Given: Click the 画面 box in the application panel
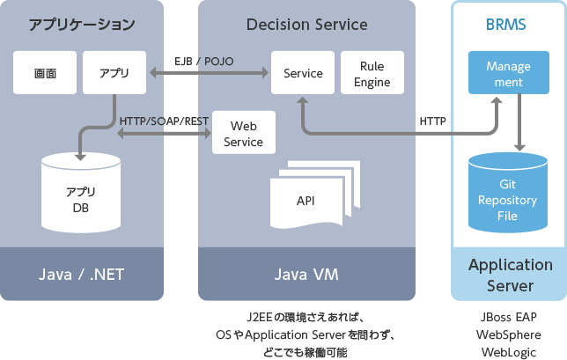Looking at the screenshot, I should coord(44,73).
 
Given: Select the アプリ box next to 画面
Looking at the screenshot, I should coord(114,73).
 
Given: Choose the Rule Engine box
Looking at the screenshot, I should coord(372,73).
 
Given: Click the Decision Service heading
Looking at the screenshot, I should coord(306,24).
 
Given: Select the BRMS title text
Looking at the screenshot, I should coord(506,24).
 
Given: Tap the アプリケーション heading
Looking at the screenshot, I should coord(82,24).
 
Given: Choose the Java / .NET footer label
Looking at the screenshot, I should coord(82,275).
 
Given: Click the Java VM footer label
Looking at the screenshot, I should coord(306,275).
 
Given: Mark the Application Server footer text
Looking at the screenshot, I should coord(510,275).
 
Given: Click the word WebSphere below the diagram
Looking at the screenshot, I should coord(509,335).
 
